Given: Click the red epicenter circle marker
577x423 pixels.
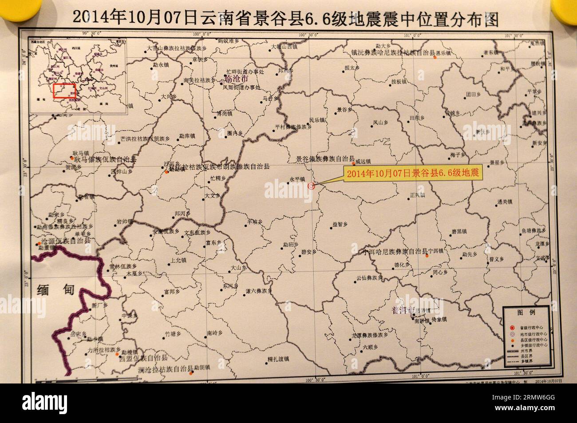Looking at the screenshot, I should (311, 186).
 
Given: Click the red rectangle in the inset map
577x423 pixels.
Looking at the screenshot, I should (65, 91).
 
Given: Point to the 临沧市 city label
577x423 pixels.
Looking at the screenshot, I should (237, 79).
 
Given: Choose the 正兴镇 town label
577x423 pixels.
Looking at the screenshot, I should (417, 195).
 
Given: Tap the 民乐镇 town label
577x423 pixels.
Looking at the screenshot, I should (317, 120).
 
